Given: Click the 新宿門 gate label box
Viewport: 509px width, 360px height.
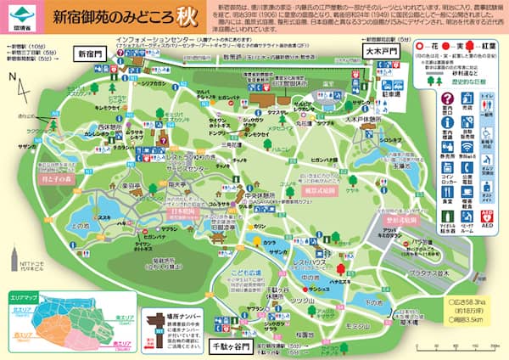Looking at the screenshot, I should tap(90, 53).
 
